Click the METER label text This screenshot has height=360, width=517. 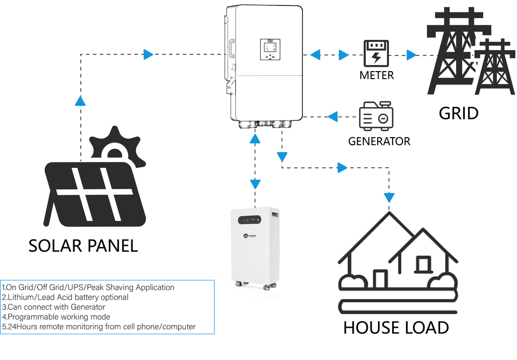[376, 75]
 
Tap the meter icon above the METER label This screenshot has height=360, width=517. [376, 54]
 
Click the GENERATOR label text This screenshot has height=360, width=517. [379, 142]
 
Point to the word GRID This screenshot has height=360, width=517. [458, 113]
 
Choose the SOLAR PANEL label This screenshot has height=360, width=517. [83, 245]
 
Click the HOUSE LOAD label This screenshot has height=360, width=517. [396, 327]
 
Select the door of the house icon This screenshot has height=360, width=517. [380, 279]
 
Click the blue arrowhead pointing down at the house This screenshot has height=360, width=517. [389, 197]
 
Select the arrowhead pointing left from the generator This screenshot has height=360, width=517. [333, 115]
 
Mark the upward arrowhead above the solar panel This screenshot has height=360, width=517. [80, 101]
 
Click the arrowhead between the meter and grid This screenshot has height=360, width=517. [411, 54]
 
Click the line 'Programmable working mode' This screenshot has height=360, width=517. [57, 316]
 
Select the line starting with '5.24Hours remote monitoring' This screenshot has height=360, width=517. [99, 326]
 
